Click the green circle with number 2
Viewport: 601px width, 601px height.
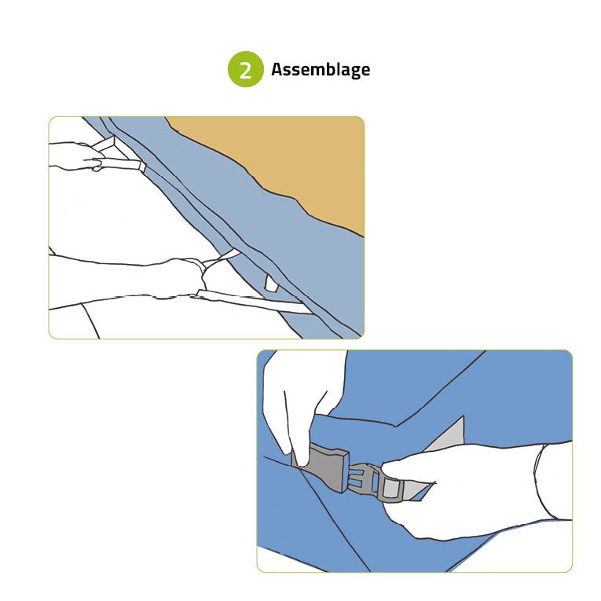click(246, 69)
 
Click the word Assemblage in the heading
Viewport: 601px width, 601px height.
click(321, 70)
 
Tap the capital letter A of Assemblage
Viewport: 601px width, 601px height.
click(277, 69)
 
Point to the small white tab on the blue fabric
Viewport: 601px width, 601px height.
click(271, 284)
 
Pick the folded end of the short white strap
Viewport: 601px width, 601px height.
click(142, 167)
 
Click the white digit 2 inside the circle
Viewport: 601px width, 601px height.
click(246, 70)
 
